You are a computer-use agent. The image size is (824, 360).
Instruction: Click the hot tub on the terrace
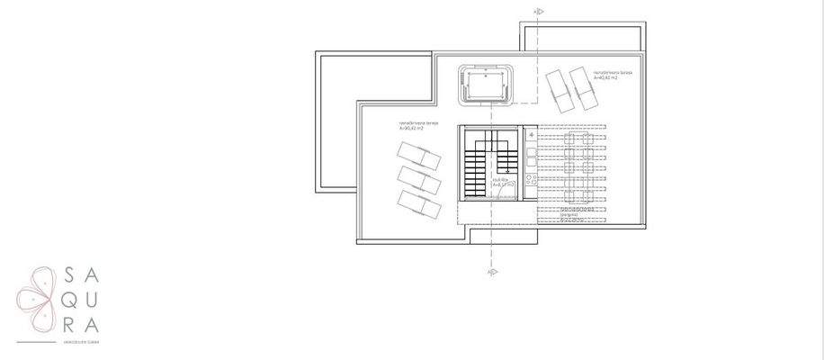click(488, 85)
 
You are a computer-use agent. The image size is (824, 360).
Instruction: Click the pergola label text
click(567, 215)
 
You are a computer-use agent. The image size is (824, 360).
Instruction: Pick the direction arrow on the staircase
click(508, 166)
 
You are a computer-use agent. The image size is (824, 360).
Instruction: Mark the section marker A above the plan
click(538, 12)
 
